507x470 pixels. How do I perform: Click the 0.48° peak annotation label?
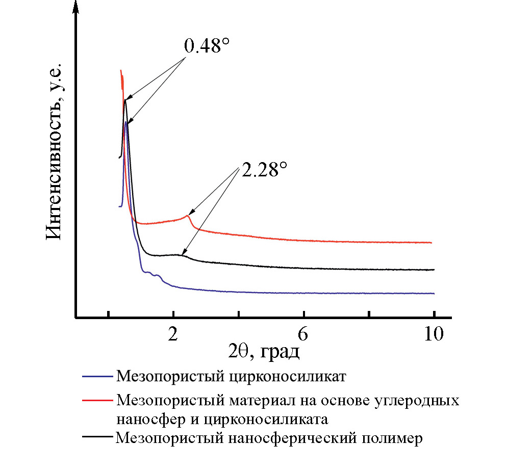click(x=205, y=47)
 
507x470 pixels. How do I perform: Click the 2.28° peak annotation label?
click(x=262, y=170)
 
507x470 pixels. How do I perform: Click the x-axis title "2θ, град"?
click(x=263, y=351)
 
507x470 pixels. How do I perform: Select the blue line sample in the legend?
click(x=96, y=377)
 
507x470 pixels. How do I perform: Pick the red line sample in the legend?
click(x=96, y=400)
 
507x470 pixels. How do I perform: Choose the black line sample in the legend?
click(x=96, y=437)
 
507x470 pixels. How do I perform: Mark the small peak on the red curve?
click(x=188, y=216)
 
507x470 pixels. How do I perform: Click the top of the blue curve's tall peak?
click(x=126, y=122)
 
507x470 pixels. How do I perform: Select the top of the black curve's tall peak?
click(x=124, y=100)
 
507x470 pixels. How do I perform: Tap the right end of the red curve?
click(x=432, y=243)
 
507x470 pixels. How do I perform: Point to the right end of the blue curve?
click(x=434, y=293)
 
